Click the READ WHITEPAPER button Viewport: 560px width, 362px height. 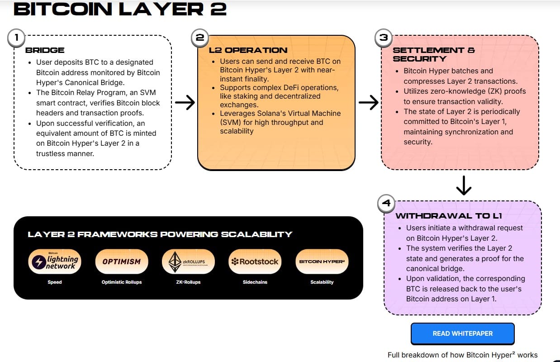click(462, 333)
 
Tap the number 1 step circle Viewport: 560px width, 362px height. click(16, 38)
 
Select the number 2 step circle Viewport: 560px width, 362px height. click(199, 38)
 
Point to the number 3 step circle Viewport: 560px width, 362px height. click(384, 38)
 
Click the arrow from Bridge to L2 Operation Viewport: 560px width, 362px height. click(185, 103)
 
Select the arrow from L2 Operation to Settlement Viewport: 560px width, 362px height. click(368, 103)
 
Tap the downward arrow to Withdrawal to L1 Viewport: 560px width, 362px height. click(464, 185)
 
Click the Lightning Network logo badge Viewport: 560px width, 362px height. click(55, 262)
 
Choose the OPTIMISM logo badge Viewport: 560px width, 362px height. click(121, 262)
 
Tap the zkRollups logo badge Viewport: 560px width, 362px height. click(188, 262)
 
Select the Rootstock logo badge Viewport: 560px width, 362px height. click(255, 262)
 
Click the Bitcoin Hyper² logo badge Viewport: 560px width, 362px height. click(322, 262)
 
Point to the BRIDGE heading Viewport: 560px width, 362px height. click(45, 50)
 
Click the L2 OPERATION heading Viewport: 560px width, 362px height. click(248, 50)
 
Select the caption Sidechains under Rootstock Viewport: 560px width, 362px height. click(255, 282)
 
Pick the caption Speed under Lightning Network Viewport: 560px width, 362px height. click(55, 282)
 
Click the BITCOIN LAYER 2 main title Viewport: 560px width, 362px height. click(120, 9)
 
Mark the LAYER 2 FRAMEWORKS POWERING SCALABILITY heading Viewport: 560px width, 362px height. click(160, 234)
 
